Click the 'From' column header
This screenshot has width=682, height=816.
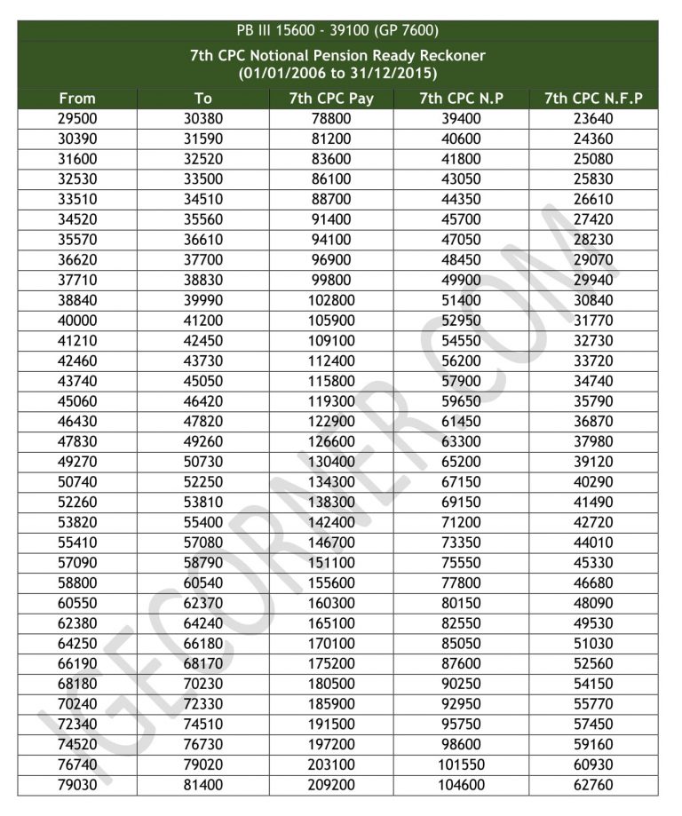click(x=77, y=99)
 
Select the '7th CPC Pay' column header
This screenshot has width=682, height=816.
click(x=331, y=99)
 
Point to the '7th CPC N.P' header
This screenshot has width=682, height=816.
click(x=461, y=99)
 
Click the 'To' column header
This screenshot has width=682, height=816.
click(x=203, y=99)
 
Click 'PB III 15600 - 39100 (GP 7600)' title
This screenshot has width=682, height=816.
click(x=337, y=30)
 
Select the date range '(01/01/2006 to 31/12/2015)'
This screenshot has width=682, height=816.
click(x=337, y=73)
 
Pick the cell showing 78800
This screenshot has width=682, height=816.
click(x=331, y=119)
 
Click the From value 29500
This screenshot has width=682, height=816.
click(x=77, y=119)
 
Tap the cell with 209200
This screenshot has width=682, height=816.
click(x=331, y=785)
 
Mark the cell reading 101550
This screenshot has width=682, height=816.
click(x=461, y=765)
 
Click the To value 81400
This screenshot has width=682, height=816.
click(x=203, y=785)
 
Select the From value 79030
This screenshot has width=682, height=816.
click(x=77, y=785)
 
